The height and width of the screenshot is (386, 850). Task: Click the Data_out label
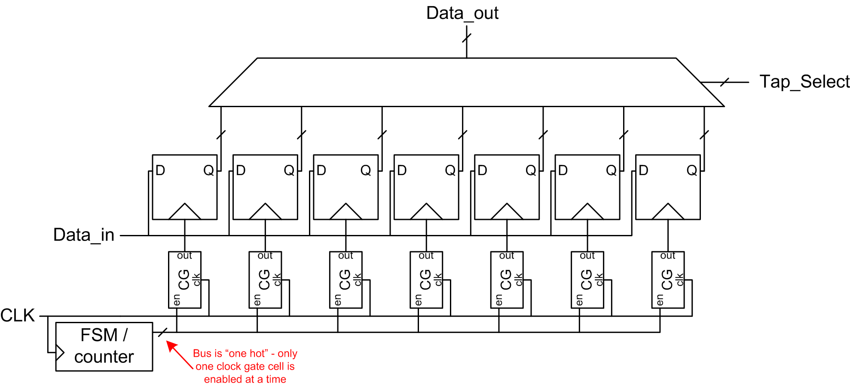point(462,13)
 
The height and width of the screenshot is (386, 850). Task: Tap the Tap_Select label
point(804,81)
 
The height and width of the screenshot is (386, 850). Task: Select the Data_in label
point(84,235)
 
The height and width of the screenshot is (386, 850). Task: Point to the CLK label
point(18,315)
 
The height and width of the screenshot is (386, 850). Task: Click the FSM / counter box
point(104,346)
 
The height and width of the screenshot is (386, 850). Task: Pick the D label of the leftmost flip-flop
point(160,170)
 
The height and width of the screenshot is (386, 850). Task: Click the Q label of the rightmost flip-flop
point(691,170)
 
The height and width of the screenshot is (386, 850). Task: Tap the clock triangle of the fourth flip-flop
point(426,212)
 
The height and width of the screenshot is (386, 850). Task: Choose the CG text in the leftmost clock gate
point(184,280)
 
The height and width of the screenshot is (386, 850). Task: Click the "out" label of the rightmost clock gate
point(668,256)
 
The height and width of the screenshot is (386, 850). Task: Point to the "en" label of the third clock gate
point(338,300)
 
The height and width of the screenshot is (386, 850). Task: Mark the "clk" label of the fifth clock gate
point(519,280)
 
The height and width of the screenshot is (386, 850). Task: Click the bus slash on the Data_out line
point(467,37)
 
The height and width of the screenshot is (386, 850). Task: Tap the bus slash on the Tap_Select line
point(725,82)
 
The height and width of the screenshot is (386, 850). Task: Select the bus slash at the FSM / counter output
point(162,332)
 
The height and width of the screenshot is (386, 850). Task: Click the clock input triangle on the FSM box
point(60,353)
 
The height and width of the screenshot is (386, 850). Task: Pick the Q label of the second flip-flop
point(289,170)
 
